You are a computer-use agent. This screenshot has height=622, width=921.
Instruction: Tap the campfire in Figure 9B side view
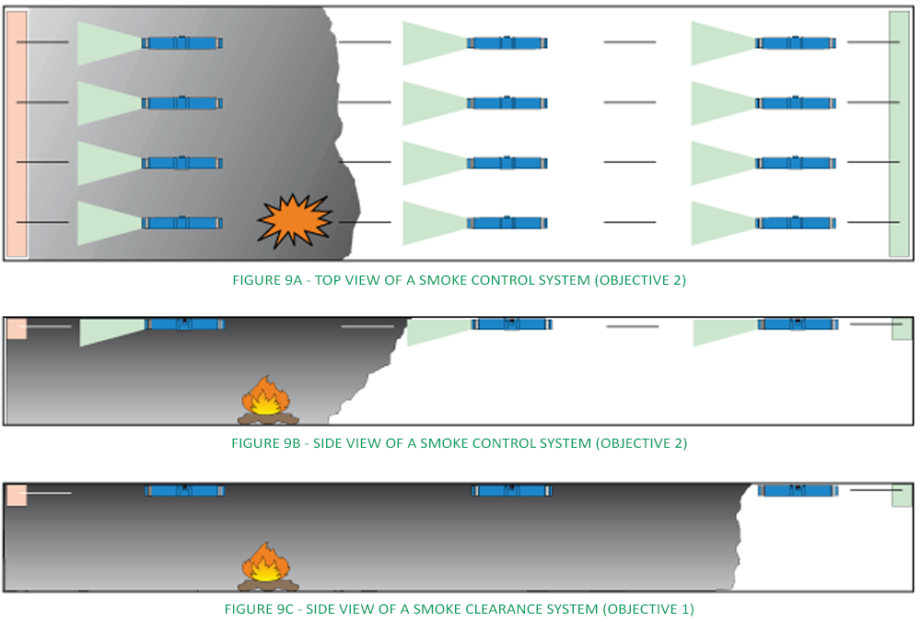coord(264,402)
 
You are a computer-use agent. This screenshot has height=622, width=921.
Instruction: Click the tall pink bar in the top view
coord(17,135)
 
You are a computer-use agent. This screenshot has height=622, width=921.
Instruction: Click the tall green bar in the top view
coord(899,135)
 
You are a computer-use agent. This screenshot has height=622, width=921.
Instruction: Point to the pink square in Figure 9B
coord(17,328)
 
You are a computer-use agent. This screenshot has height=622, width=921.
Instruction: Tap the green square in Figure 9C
coord(902,495)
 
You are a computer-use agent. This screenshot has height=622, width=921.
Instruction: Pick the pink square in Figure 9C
coord(17,495)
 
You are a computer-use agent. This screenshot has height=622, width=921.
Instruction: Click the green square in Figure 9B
coord(902,329)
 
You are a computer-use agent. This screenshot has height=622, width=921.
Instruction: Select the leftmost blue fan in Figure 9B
coord(185,324)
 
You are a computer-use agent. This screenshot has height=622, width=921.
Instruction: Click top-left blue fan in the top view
coord(182,42)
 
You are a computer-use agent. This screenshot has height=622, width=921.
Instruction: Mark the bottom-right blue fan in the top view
coord(797,223)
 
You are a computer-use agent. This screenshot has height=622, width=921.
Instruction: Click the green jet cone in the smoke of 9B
coord(111,331)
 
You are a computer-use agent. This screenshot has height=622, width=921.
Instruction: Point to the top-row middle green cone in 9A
coord(433,43)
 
